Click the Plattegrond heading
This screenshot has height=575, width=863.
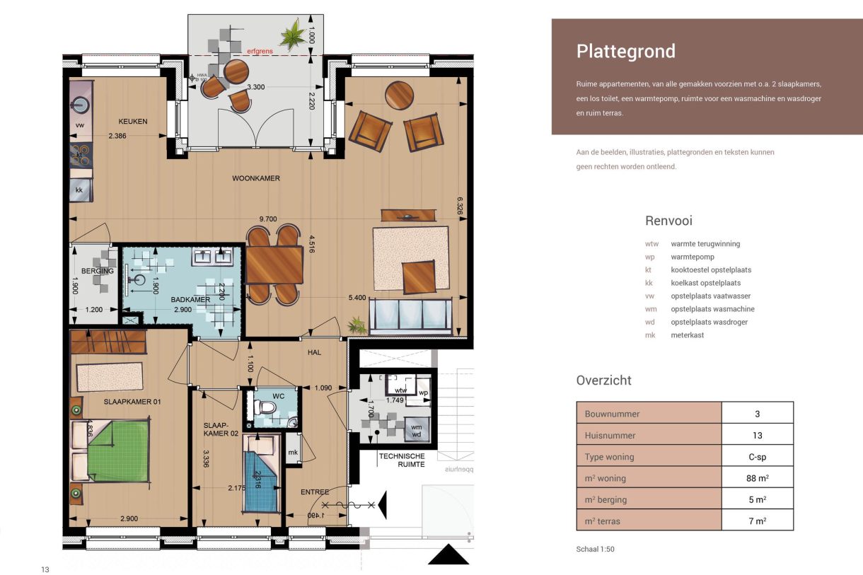point(625,52)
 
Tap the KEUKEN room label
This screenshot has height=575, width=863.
point(133,121)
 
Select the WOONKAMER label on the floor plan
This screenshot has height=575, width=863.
point(256,178)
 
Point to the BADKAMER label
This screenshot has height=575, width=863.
point(190,300)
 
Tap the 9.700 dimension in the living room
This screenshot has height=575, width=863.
point(267,219)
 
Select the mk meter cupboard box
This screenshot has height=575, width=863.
point(292,452)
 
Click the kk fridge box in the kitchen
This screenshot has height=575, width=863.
point(79,190)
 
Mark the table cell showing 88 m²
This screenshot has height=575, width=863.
point(757,478)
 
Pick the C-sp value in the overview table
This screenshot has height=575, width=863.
point(757,457)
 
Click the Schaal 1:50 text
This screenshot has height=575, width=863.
point(596,549)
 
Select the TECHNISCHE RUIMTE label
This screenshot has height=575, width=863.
point(401,460)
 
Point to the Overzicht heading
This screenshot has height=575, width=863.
point(603,381)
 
